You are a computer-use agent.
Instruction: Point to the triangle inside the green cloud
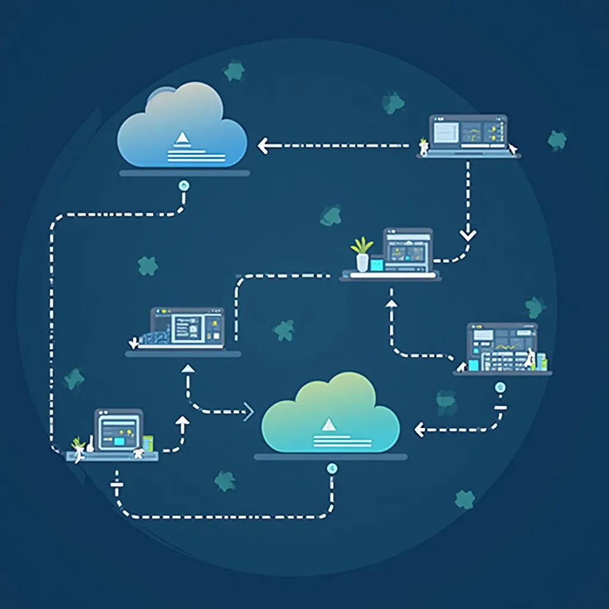328,425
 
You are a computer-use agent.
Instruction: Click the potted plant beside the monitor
362,255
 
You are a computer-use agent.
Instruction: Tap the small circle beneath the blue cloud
184,186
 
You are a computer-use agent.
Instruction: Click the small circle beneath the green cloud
332,469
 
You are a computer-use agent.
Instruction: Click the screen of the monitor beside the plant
407,250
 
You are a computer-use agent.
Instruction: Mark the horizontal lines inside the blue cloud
196,155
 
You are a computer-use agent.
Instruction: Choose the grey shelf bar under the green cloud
331,457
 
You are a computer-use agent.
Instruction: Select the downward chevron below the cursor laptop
468,234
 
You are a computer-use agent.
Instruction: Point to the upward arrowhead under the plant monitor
391,303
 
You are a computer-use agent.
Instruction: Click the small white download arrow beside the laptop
133,342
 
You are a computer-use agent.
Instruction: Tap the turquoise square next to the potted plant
377,263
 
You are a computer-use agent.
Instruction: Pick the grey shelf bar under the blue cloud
184,172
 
